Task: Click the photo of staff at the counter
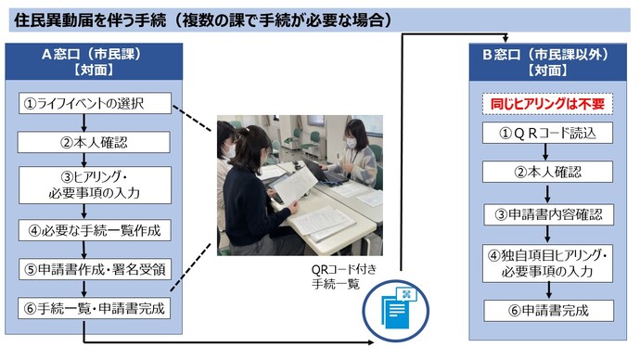point(300,185)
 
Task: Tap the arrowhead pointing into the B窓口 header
point(468,36)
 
